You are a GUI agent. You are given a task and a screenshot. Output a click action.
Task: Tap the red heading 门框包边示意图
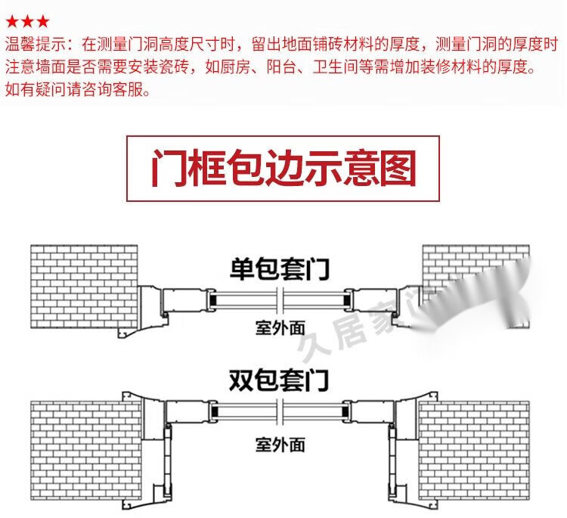[x=283, y=169]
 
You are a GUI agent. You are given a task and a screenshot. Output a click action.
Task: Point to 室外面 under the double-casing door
[x=280, y=443]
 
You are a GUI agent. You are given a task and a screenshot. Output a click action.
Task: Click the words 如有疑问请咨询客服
[x=78, y=90]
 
